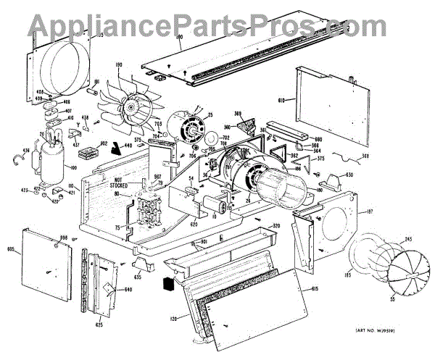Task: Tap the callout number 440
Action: tap(128, 146)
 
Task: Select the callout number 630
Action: tap(349, 175)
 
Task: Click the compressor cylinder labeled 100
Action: tap(53, 157)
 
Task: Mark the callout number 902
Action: tap(103, 143)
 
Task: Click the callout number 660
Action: tap(318, 140)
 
